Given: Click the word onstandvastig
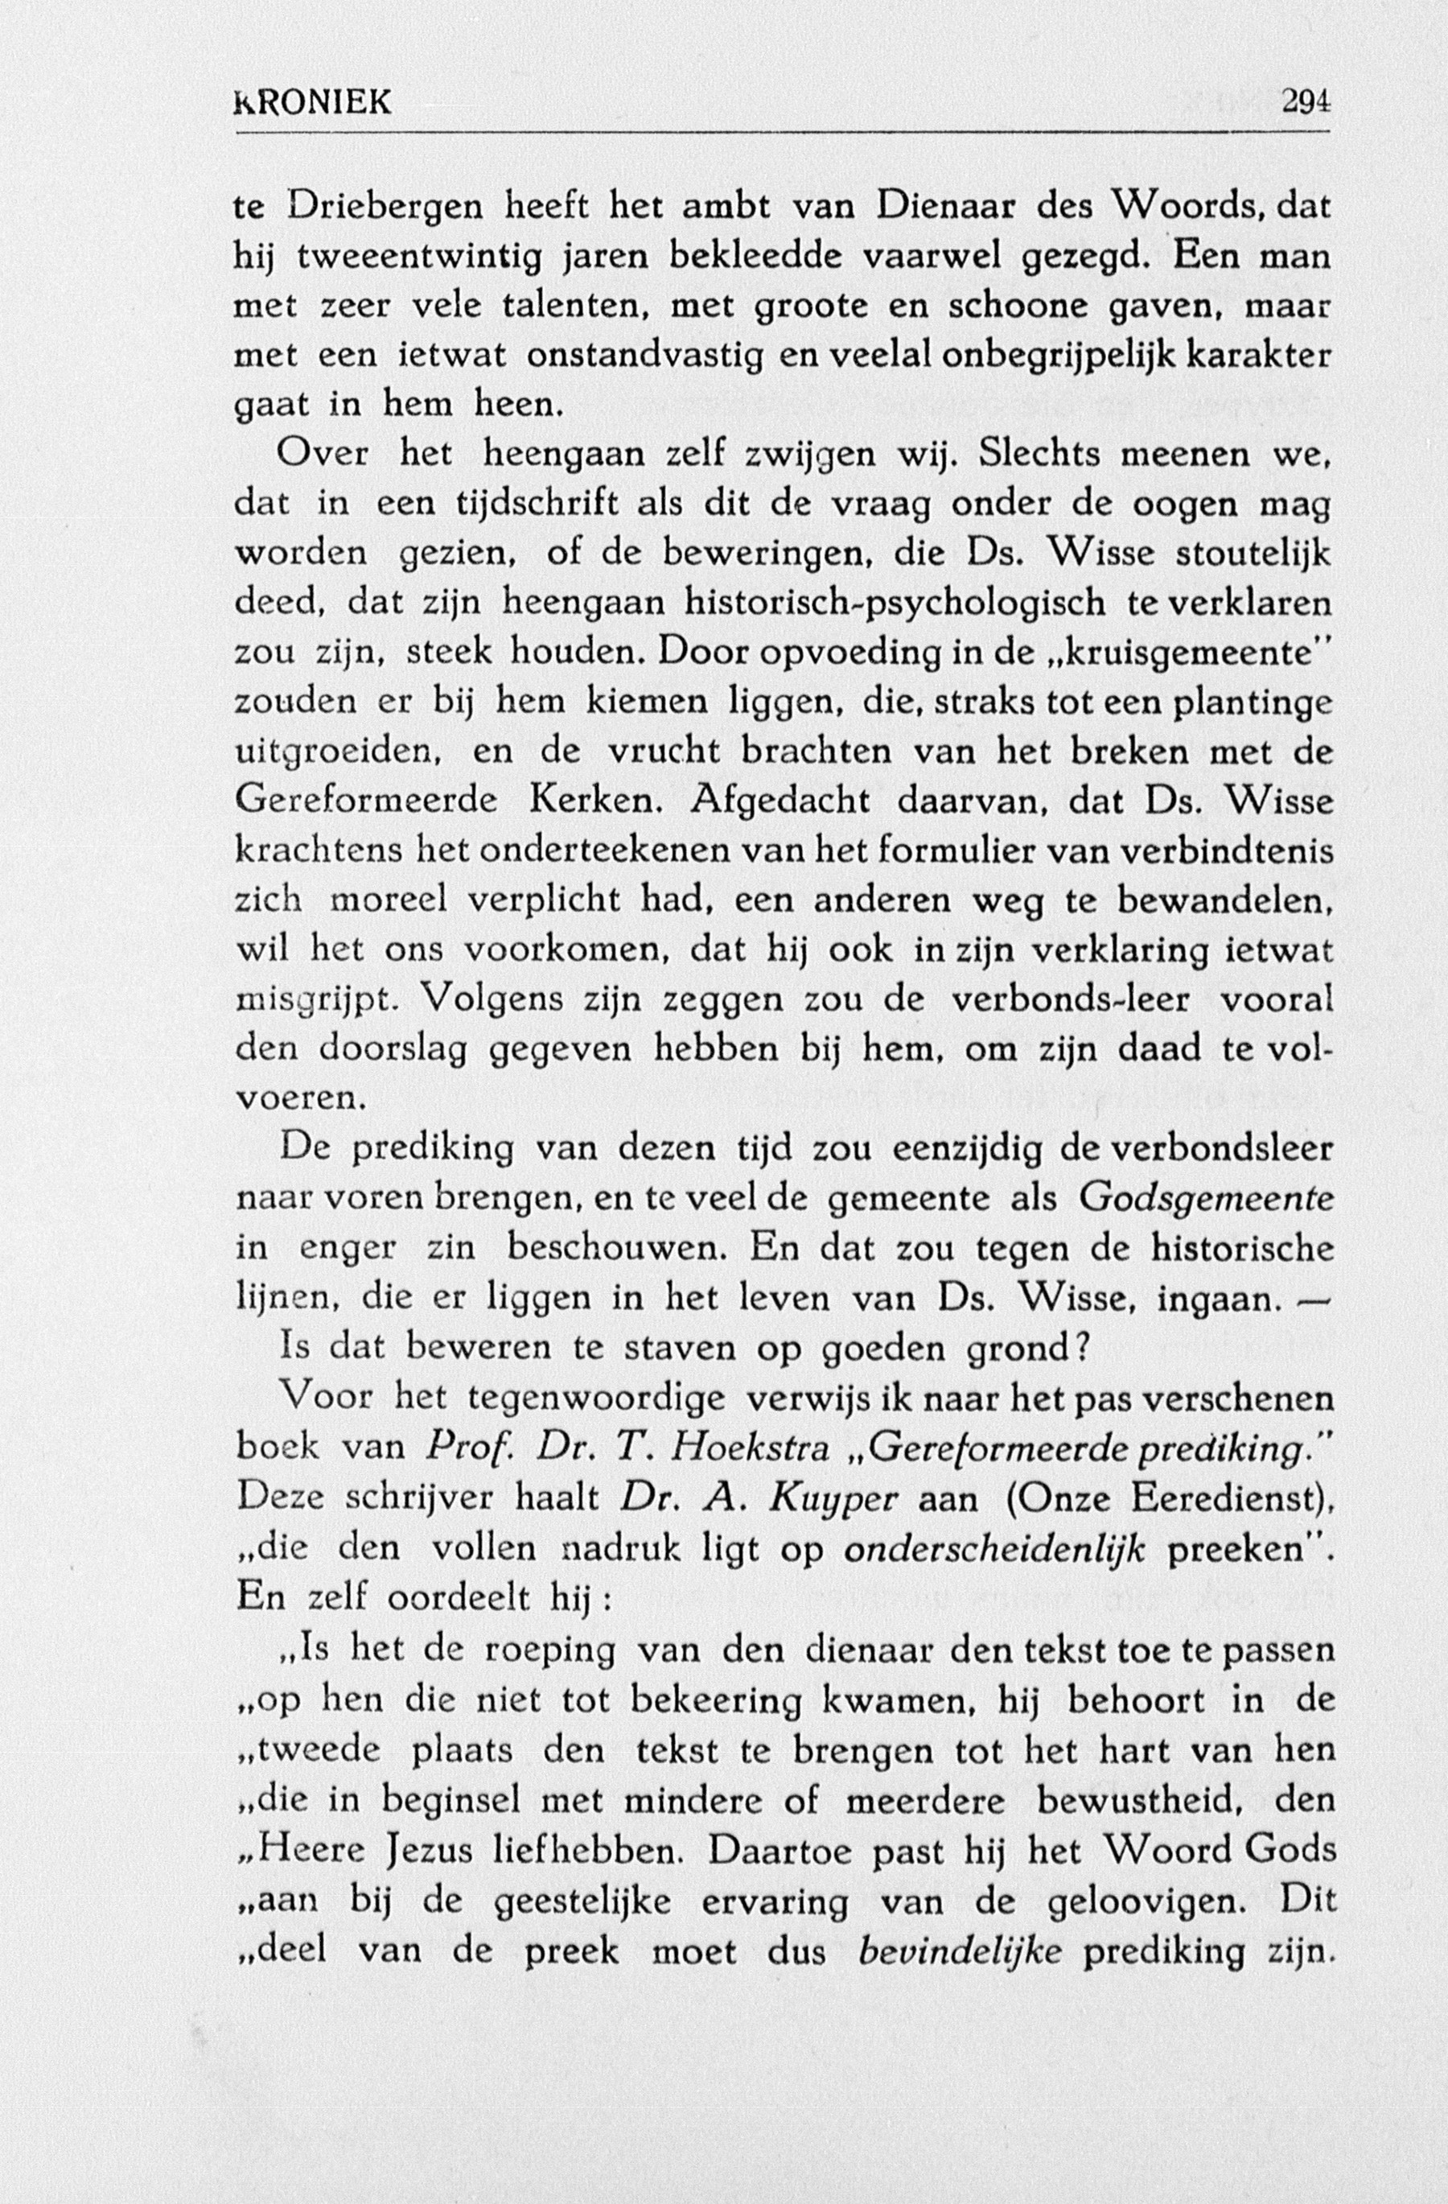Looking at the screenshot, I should point(644,357).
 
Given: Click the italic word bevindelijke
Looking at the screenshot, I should point(960,1948).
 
